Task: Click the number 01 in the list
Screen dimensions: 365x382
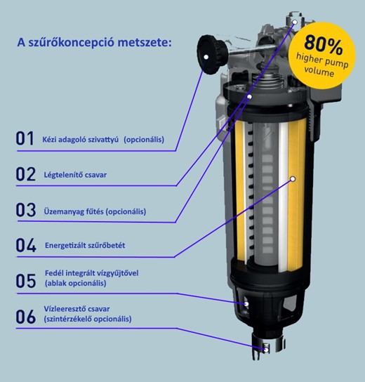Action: coord(25,138)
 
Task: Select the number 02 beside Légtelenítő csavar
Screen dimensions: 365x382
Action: coord(25,173)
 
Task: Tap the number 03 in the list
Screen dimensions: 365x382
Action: coord(25,209)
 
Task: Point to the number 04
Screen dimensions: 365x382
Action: coord(26,245)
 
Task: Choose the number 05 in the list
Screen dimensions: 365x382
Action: coord(25,281)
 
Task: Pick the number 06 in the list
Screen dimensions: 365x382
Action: coord(25,317)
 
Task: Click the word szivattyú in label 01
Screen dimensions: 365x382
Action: coord(103,140)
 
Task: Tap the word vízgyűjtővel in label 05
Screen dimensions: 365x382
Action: coord(118,273)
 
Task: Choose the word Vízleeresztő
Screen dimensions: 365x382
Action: coord(65,309)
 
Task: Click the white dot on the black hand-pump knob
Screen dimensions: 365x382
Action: coord(206,57)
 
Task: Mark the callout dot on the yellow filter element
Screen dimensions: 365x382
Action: coord(293,179)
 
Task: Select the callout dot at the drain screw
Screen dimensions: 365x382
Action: coord(267,350)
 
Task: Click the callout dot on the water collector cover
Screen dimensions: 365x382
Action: coord(246,304)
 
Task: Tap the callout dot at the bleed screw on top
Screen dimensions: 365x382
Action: coord(295,22)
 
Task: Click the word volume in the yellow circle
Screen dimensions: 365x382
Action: coord(319,72)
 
